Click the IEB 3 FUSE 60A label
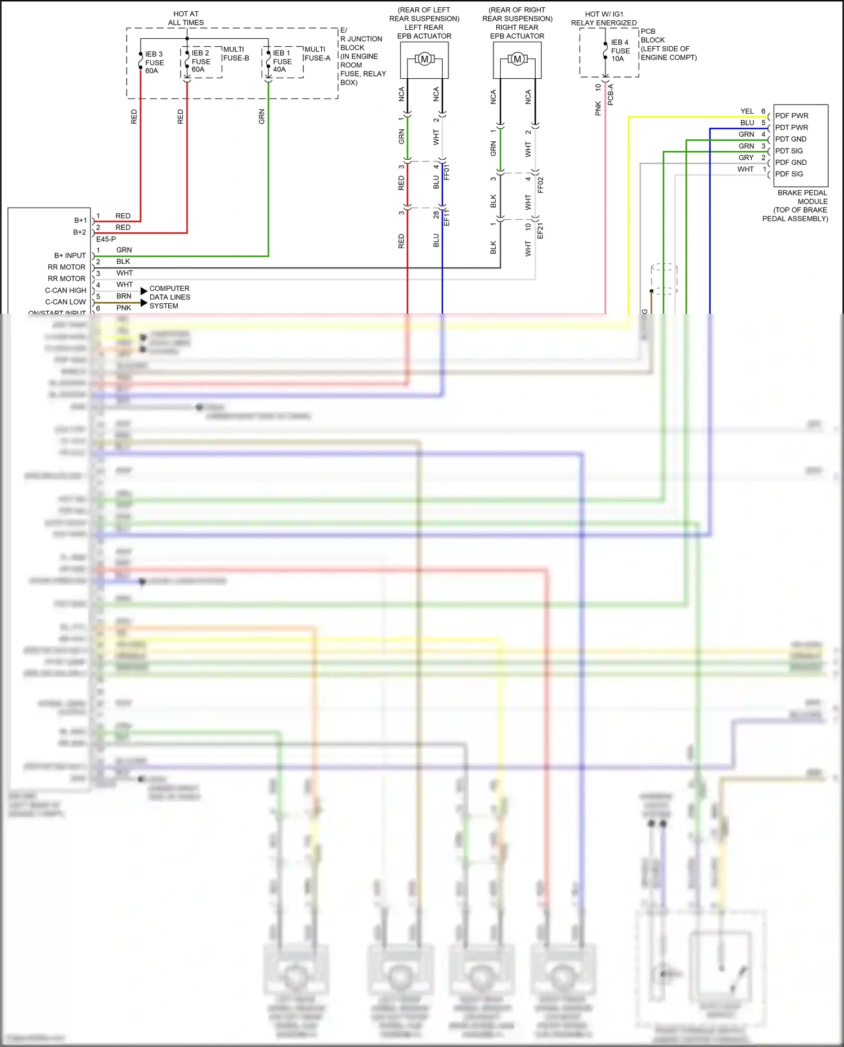(x=154, y=62)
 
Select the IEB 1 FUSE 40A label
(x=282, y=61)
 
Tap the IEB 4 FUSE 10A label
(x=620, y=51)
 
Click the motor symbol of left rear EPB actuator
(x=424, y=59)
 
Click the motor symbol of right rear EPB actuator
(x=517, y=59)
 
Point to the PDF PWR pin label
(x=792, y=116)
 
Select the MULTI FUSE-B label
(x=236, y=53)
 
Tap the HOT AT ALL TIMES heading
(x=186, y=18)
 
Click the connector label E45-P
(x=106, y=239)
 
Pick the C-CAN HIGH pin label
(x=65, y=290)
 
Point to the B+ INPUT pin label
(x=70, y=255)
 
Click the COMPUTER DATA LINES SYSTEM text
(x=169, y=297)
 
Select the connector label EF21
(x=540, y=231)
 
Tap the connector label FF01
(x=447, y=172)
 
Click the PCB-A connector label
(x=610, y=95)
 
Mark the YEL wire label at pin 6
(x=747, y=111)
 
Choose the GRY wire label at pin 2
(x=746, y=158)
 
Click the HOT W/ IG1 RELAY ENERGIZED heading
(x=604, y=19)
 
